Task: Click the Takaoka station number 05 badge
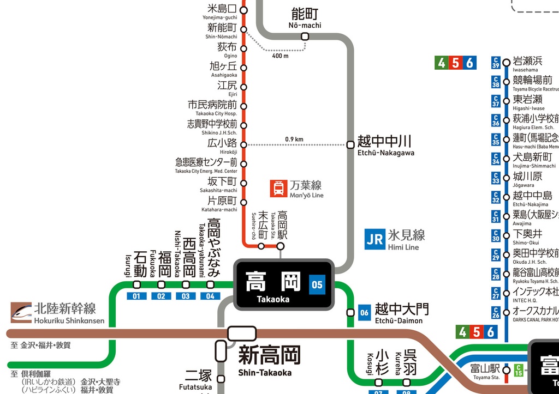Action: [x=317, y=284]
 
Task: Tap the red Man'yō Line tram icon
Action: [x=278, y=189]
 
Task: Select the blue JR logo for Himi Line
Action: [x=375, y=239]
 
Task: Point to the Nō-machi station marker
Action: [x=305, y=37]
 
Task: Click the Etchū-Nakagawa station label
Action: [x=385, y=145]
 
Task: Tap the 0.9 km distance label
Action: [x=294, y=139]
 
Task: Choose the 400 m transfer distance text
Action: [x=280, y=56]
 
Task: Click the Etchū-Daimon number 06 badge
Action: [x=364, y=312]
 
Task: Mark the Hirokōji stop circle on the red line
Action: [x=243, y=144]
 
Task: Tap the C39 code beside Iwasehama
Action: [x=496, y=62]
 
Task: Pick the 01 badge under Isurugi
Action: [x=136, y=296]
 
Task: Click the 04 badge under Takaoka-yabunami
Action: [x=210, y=296]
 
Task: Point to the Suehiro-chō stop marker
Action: [x=261, y=246]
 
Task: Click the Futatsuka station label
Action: [x=198, y=379]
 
